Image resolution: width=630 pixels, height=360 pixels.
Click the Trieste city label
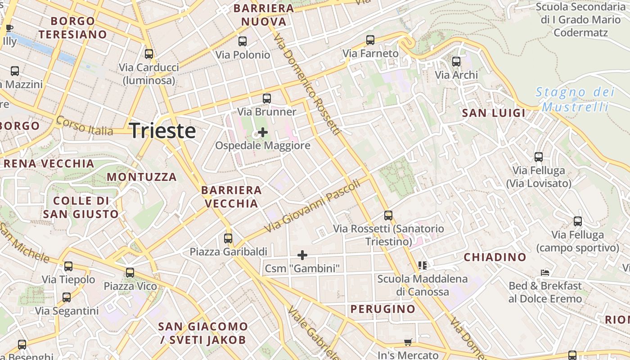(162, 130)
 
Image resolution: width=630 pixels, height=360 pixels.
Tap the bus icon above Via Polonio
(243, 41)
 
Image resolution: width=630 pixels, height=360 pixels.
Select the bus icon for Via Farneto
(370, 40)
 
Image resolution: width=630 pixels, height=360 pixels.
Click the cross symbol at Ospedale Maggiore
(263, 132)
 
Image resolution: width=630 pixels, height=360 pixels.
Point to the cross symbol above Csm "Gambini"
(302, 255)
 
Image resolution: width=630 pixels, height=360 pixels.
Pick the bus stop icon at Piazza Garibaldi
(228, 238)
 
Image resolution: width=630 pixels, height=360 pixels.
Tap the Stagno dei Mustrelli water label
(575, 99)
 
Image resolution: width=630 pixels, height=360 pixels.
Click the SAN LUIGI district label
(494, 113)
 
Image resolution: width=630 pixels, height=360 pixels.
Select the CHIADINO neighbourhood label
(495, 257)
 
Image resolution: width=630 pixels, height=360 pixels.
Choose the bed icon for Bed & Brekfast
(545, 272)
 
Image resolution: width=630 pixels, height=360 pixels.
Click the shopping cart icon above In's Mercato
(408, 342)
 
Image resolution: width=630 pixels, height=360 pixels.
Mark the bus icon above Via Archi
(456, 61)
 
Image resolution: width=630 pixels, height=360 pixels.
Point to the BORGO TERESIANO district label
(72, 27)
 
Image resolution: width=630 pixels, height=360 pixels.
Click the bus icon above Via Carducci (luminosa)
(149, 54)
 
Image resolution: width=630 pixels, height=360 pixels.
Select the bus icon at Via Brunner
(267, 98)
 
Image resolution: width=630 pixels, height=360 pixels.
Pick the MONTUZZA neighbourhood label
(142, 177)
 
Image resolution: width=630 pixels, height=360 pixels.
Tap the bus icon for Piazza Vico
(130, 272)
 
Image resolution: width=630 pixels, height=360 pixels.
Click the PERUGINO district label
(383, 309)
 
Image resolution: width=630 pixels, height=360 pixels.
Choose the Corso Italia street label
(85, 126)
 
